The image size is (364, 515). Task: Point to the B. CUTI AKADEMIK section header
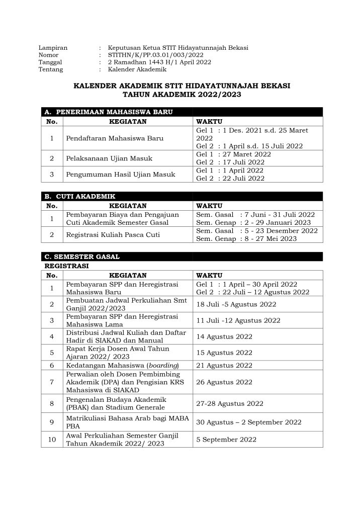coord(81,196)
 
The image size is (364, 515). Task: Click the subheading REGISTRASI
coord(67,266)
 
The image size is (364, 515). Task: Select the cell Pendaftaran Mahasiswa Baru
coord(115,138)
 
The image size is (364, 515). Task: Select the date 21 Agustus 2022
coord(224,366)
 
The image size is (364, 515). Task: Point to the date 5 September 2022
coord(226,439)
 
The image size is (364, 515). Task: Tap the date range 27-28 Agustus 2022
coord(230,403)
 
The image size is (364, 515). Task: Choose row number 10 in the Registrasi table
coord(52,439)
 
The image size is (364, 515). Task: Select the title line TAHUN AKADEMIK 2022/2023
coord(182,94)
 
